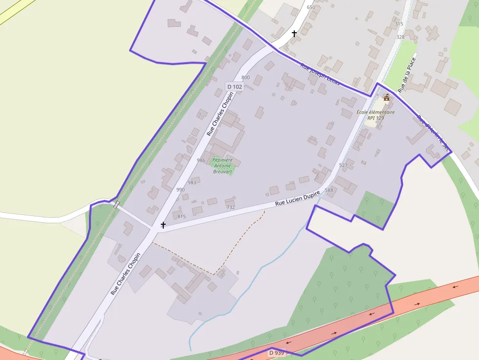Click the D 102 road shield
click(234, 87)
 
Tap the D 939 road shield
click(276, 353)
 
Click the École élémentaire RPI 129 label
click(375, 115)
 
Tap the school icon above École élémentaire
click(387, 98)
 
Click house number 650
click(311, 7)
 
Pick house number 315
click(399, 24)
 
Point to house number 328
click(400, 37)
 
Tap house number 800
click(245, 78)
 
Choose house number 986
click(201, 160)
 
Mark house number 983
click(192, 183)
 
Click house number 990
click(180, 190)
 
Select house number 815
click(181, 216)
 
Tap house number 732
click(231, 207)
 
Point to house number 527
click(343, 165)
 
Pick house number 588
click(328, 191)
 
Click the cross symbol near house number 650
click(294, 34)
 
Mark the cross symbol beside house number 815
click(163, 225)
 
